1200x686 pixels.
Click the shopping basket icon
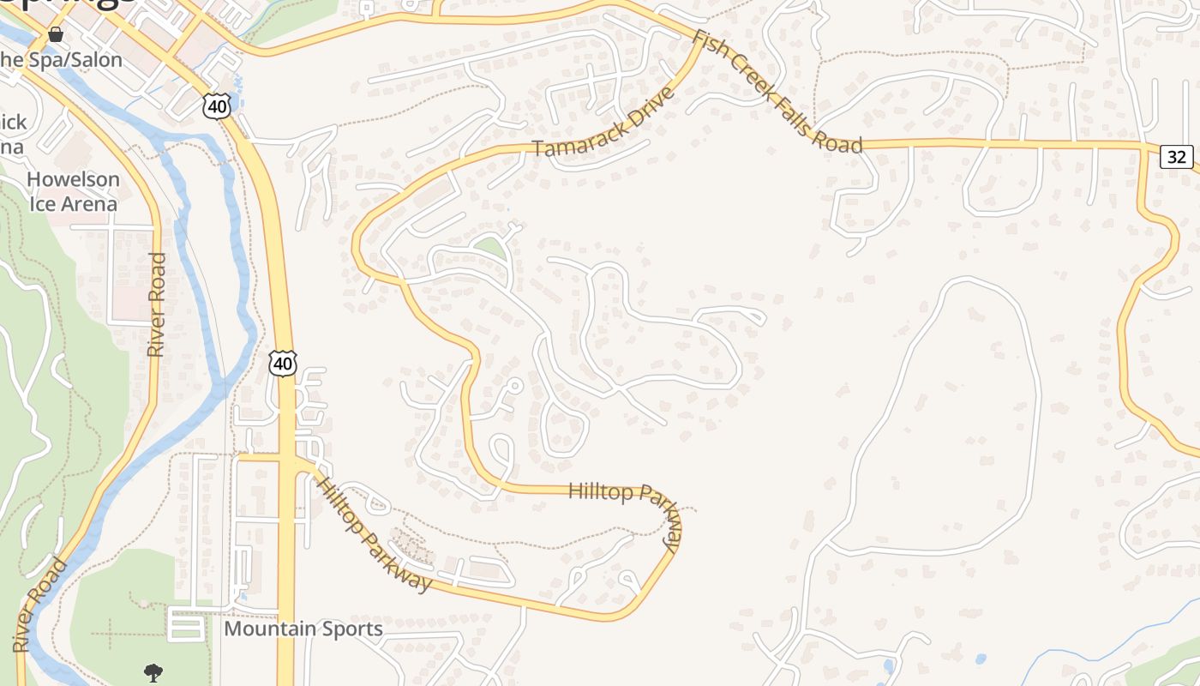pos(56,34)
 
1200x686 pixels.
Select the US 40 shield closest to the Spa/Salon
pos(217,106)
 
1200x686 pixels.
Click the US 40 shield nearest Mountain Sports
pos(283,363)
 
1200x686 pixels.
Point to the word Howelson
pos(74,179)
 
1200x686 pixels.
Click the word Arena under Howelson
pos(86,204)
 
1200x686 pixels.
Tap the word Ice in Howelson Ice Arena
pos(41,204)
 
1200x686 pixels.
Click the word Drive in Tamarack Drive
pos(652,104)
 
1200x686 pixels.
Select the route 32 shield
pos(1177,157)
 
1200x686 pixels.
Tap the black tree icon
pos(153,673)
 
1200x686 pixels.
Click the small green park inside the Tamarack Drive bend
pos(491,249)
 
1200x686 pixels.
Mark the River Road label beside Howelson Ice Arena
pos(156,304)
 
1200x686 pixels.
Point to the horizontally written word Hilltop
pos(601,491)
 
